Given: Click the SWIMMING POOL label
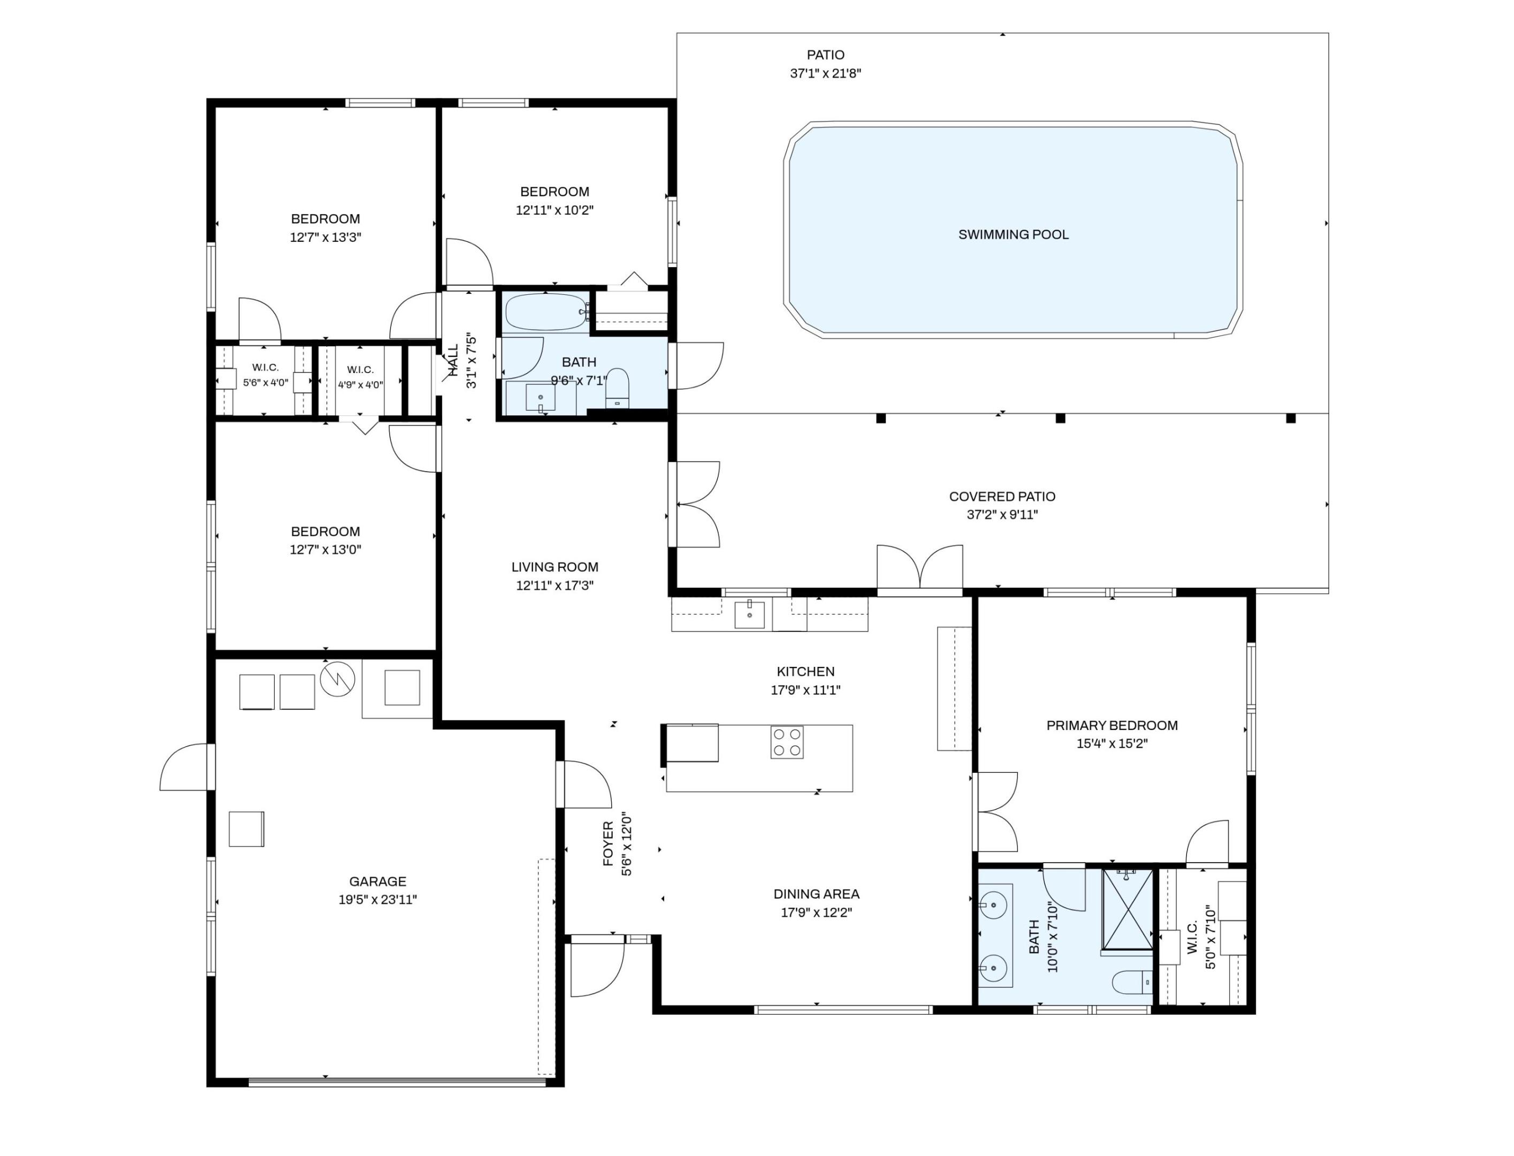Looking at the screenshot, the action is pos(1013,234).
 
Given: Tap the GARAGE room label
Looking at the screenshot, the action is pos(377,881).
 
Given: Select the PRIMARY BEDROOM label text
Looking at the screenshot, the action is pos(1112,725).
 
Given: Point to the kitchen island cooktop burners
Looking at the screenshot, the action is pos(787,742).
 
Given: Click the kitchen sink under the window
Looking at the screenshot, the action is pos(749,614).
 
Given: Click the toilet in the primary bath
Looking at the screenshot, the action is pos(1132,982).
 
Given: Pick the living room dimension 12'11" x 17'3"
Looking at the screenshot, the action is pos(554,585).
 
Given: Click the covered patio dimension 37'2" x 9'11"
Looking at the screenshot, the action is pos(1002,515).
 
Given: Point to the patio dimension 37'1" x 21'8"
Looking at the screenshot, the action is pos(825,73).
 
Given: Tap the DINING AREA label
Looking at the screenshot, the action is pos(816,894).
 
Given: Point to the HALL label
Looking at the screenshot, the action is pos(453,361).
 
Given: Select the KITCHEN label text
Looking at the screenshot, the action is pos(805,672).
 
